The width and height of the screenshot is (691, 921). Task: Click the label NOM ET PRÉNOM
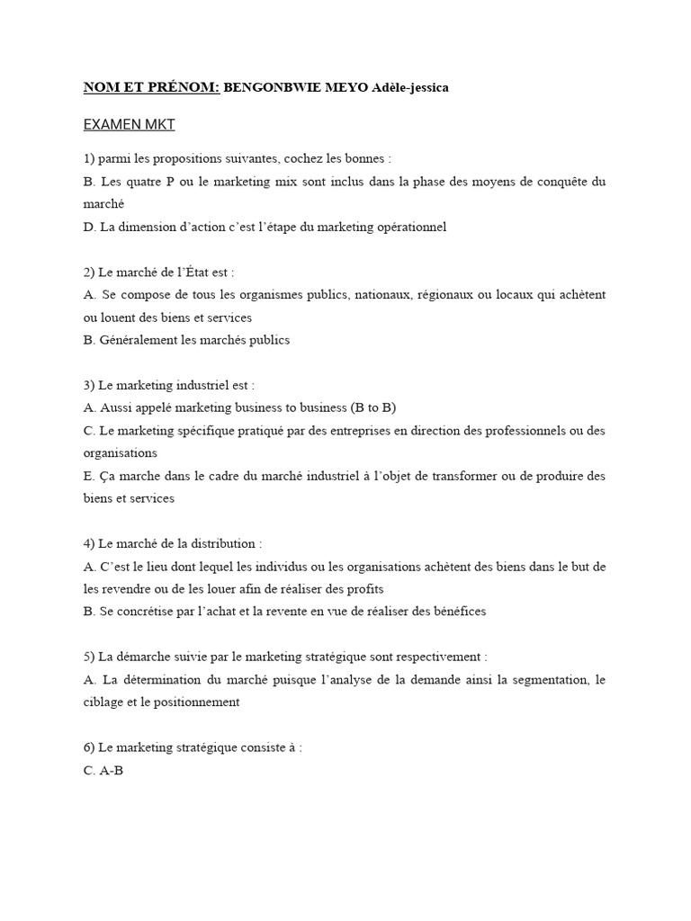pyautogui.click(x=151, y=87)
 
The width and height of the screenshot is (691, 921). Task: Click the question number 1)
pyautogui.click(x=89, y=158)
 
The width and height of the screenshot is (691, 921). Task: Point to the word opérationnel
pyautogui.click(x=407, y=227)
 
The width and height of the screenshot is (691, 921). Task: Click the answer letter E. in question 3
pyautogui.click(x=89, y=475)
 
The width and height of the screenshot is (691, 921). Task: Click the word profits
pyautogui.click(x=363, y=588)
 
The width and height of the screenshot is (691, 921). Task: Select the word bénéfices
pyautogui.click(x=454, y=611)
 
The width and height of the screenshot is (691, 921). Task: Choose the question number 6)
pyautogui.click(x=89, y=747)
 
